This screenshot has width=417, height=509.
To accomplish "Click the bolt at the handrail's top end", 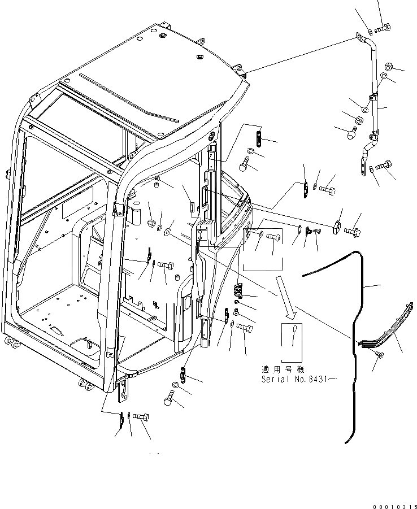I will point(382,27).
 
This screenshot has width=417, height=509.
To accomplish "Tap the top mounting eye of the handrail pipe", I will point(359,37).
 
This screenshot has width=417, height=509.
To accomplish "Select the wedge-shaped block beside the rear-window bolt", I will point(337,224).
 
